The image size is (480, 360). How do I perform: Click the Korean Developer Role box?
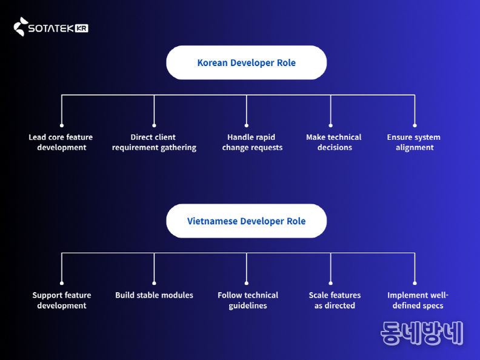[x=246, y=62]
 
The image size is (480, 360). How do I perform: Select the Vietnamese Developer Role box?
[x=246, y=221]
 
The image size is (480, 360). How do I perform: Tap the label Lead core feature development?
[x=61, y=142]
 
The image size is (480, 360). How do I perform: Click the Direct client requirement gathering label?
[x=154, y=142]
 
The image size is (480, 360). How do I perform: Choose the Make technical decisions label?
[x=334, y=142]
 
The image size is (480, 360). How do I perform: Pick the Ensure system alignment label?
[x=414, y=142]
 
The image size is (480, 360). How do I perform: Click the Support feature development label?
[x=62, y=301]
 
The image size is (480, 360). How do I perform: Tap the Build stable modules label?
[x=154, y=295]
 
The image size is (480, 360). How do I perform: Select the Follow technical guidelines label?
[x=248, y=301]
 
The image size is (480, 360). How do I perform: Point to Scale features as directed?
[x=335, y=301]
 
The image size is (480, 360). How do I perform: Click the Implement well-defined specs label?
[x=418, y=301]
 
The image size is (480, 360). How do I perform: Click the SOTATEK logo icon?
[x=21, y=27]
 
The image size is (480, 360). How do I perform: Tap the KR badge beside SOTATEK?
[x=82, y=28]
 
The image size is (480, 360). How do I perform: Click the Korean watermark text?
[x=422, y=333]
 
